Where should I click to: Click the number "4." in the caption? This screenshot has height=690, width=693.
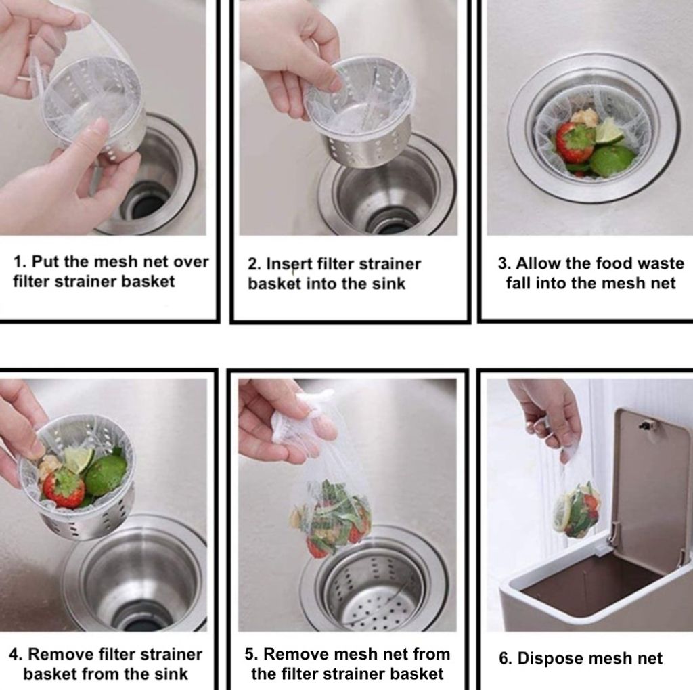click(16, 654)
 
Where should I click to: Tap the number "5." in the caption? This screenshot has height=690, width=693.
click(251, 654)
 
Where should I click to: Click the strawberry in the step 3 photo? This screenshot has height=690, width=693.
click(574, 141)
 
